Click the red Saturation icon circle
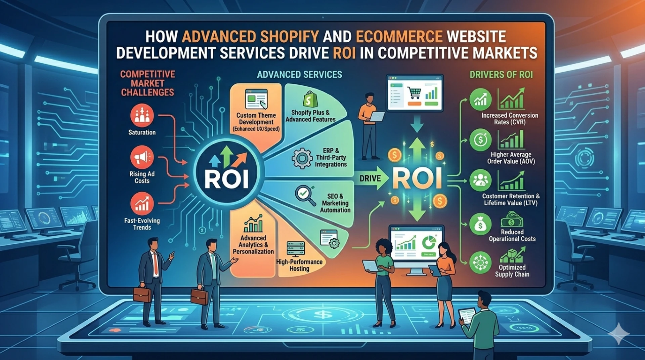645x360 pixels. tap(142, 115)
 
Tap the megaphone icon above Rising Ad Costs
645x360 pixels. tap(142, 157)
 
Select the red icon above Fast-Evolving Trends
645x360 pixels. tap(142, 203)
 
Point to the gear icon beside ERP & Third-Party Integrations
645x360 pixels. tap(302, 158)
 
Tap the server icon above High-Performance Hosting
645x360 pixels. tap(296, 249)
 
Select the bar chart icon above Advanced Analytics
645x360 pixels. tap(253, 224)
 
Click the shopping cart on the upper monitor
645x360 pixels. tap(414, 92)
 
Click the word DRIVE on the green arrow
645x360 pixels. tap(370, 178)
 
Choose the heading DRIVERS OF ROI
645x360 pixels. tap(501, 75)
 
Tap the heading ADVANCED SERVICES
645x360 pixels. tap(300, 75)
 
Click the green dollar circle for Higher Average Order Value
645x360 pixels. tap(480, 139)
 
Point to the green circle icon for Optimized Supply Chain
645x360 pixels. tap(480, 263)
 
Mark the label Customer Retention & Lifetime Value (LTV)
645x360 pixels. tap(511, 200)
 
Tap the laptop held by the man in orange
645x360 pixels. tap(377, 116)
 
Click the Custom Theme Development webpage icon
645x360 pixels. tap(256, 99)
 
